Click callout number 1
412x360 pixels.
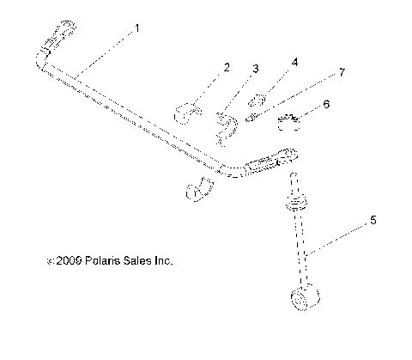tap(137, 28)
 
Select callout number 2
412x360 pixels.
tap(227, 66)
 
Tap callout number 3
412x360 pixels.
tap(255, 68)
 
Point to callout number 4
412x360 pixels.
tap(294, 63)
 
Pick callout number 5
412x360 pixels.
tap(373, 220)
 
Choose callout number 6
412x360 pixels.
tap(325, 103)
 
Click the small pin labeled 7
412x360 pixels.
tap(252, 119)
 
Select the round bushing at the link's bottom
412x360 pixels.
tap(305, 300)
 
